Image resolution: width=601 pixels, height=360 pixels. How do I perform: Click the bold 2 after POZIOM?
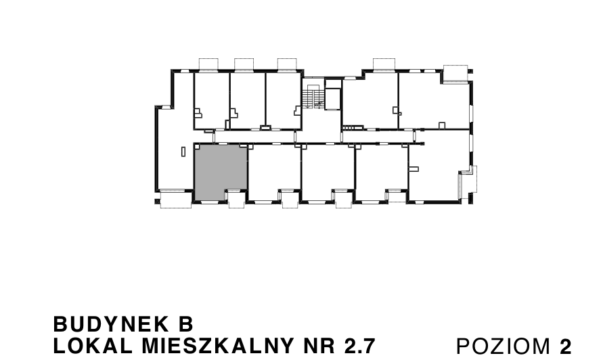coord(566,346)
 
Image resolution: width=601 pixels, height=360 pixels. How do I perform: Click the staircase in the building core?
coord(311,96)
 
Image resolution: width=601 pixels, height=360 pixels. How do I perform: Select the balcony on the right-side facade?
coord(468,183)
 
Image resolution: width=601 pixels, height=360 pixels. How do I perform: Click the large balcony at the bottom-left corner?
coord(177,201)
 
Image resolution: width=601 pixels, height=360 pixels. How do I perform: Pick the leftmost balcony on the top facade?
coord(207,64)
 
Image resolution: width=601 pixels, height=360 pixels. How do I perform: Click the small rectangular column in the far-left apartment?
coord(183,152)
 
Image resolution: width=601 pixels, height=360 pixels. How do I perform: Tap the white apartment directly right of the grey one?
coord(274,172)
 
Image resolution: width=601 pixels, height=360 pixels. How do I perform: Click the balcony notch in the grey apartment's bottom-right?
coord(236,199)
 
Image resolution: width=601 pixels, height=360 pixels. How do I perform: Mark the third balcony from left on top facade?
coord(288,64)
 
